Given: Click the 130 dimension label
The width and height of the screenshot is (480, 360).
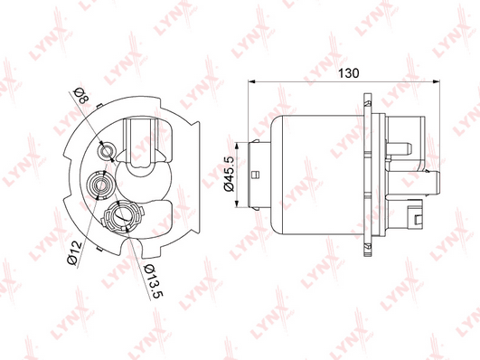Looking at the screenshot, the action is (349, 73).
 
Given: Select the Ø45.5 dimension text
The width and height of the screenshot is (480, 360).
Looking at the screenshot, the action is (229, 174).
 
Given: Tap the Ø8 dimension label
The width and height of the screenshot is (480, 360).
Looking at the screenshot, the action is (82, 95).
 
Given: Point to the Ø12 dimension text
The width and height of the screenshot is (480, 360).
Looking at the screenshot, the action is (74, 253).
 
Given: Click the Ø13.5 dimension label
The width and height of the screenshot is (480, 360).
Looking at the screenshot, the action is (153, 281).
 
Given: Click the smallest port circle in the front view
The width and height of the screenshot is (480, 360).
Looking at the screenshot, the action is (107, 151).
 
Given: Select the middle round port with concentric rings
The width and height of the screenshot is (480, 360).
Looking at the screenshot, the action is (100, 185).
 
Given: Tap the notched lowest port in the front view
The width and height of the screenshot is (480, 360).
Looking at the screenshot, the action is (122, 215).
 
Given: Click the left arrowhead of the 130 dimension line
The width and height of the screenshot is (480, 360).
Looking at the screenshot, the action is (251, 81).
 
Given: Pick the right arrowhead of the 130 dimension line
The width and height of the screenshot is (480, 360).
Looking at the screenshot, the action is (437, 81).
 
